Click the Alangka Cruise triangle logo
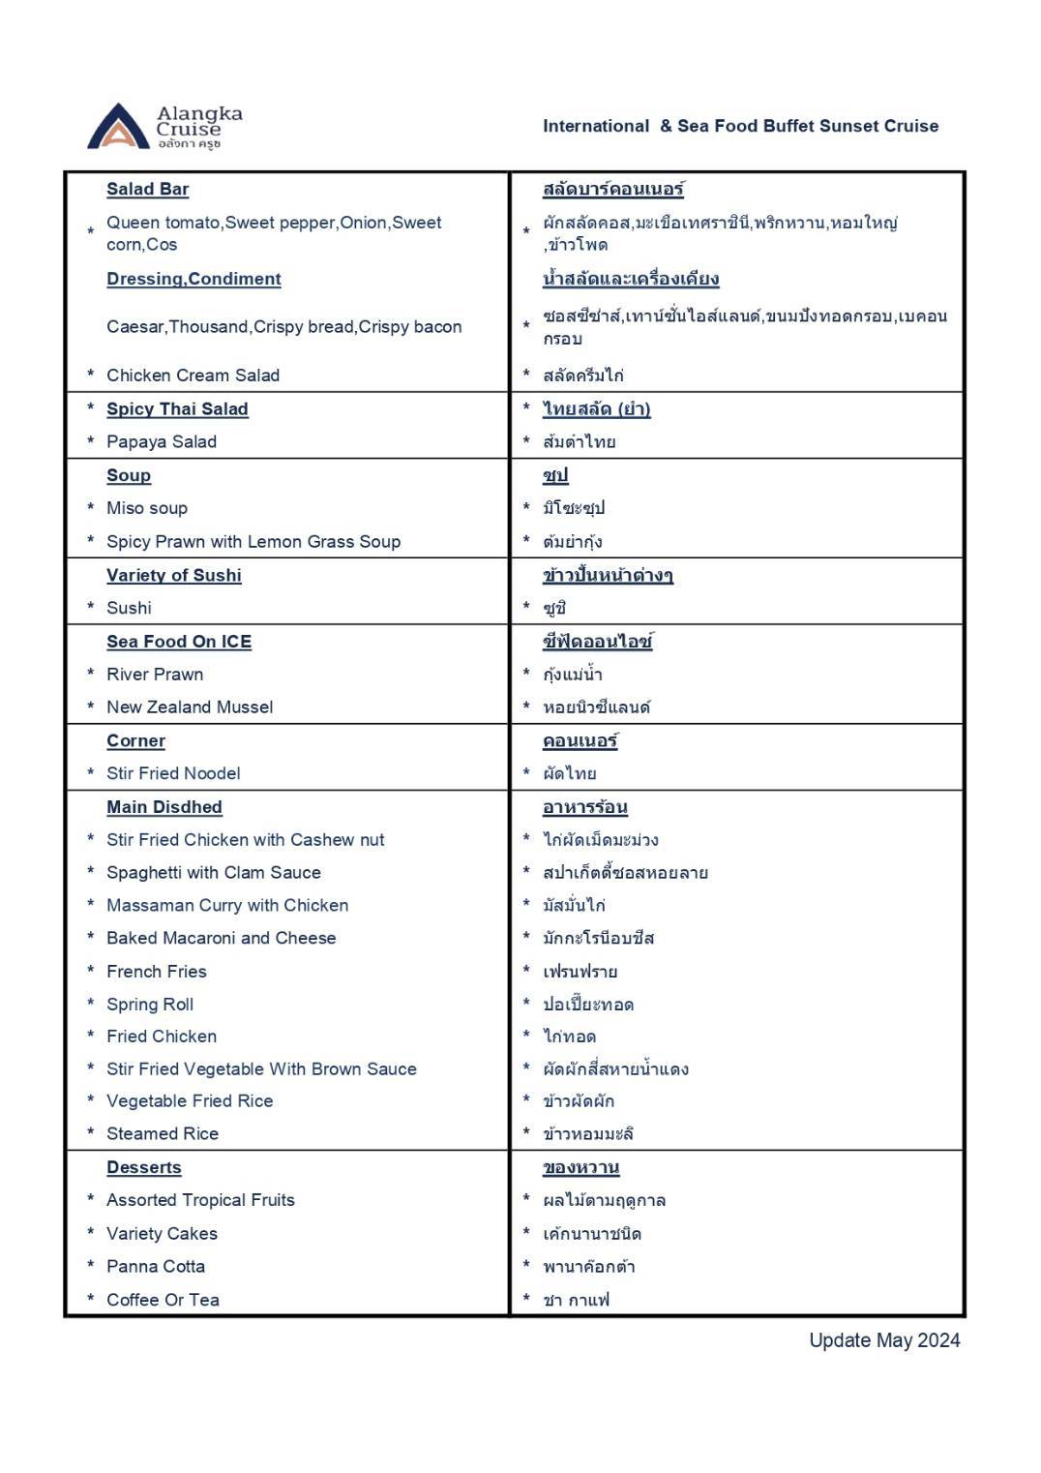coord(118,128)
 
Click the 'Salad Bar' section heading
coord(147,189)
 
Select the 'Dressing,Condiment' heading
coord(193,279)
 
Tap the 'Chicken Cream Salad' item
coord(193,375)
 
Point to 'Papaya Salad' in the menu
coord(162,441)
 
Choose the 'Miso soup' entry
coord(147,508)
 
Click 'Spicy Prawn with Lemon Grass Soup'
coord(253,541)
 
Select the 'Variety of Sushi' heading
coord(174,575)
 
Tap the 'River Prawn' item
coord(155,674)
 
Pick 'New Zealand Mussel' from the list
coord(190,706)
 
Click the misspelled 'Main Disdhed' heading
coord(164,807)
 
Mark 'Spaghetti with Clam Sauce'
coord(214,872)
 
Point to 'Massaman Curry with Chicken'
coord(227,905)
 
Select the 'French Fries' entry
coord(157,971)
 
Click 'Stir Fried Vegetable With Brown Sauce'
coord(261,1068)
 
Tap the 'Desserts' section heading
coord(144,1167)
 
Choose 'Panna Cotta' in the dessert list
coord(156,1266)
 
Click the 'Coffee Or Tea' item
coord(163,1300)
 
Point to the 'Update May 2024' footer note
coord(884,1340)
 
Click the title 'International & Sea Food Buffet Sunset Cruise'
coord(740,126)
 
